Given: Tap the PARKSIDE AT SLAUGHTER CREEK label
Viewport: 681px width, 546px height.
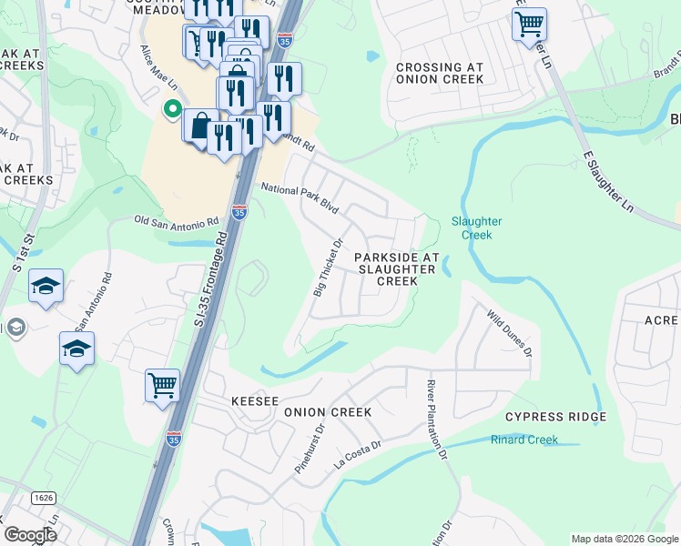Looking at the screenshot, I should tap(397, 269).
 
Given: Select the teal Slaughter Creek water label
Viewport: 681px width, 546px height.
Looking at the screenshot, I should tap(476, 227).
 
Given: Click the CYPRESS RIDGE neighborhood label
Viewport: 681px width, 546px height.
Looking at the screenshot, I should tap(555, 417).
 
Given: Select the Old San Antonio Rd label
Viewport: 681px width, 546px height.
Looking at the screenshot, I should tap(177, 221).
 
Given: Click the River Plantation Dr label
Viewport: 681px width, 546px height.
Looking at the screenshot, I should tap(438, 419).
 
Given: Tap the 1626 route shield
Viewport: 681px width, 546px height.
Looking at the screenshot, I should tap(43, 498).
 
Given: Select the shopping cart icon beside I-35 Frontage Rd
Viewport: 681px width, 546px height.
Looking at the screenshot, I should tap(162, 384).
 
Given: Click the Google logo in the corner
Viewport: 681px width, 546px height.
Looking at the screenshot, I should tap(30, 535).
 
